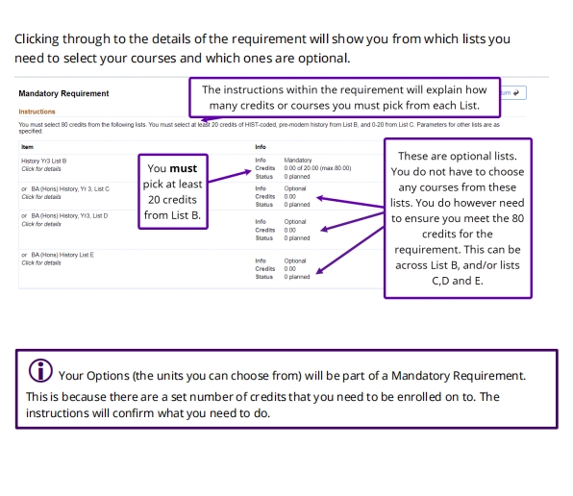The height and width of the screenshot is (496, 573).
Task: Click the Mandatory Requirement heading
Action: click(x=63, y=93)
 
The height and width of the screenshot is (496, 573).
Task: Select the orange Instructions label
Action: click(x=37, y=112)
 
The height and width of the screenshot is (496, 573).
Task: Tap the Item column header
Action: click(x=28, y=147)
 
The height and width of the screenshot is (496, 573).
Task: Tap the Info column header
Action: click(x=261, y=147)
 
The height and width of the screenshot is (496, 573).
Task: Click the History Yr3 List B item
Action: click(x=44, y=161)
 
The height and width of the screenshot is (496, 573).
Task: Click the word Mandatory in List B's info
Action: click(x=298, y=160)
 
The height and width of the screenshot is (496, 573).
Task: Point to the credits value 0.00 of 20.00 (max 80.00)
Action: click(x=317, y=168)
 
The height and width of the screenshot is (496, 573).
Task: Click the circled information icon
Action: click(x=40, y=370)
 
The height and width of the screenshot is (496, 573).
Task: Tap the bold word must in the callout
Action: click(x=183, y=168)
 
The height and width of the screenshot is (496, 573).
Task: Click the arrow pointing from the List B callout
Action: click(x=230, y=176)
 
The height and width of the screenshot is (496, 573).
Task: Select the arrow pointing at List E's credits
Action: click(x=350, y=250)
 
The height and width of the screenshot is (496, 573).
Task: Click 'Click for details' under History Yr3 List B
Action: click(x=41, y=169)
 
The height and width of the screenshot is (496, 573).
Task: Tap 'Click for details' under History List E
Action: click(x=41, y=262)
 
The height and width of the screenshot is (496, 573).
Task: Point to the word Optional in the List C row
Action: click(x=295, y=188)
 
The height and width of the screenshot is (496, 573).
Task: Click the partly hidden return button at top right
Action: click(x=513, y=93)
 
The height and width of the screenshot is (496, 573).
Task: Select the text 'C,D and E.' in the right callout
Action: click(x=458, y=281)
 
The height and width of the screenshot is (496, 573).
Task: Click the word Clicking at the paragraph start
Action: click(x=37, y=39)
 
